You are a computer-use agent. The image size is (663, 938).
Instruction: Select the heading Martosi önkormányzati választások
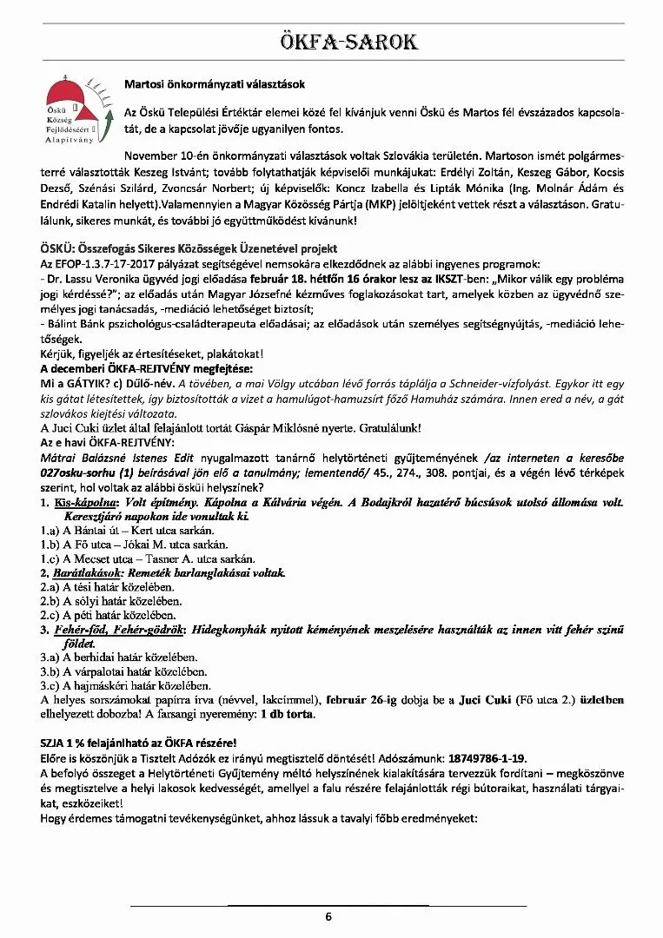[215, 85]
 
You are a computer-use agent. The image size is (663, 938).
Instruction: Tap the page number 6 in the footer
[328, 917]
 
